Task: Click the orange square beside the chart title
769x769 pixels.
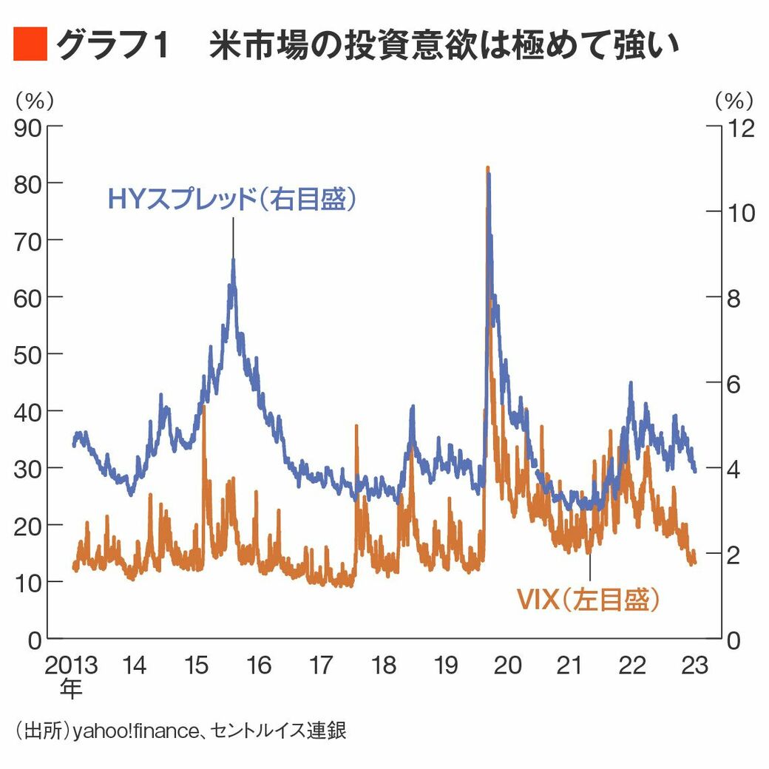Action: pos(30,45)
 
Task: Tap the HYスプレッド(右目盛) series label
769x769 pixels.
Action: pos(232,200)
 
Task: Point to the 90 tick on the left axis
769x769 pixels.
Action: pos(30,126)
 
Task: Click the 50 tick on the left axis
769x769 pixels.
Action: pos(30,353)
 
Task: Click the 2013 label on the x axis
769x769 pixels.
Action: pos(71,665)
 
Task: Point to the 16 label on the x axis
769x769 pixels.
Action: pos(259,665)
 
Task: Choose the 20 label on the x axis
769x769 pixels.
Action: pos(508,665)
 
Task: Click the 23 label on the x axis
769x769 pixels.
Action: pos(695,665)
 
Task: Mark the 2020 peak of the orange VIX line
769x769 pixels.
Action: pos(487,169)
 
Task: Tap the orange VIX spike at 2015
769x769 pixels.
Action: pos(204,407)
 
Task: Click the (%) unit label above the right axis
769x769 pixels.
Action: pos(734,98)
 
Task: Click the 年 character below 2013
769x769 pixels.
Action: pos(71,689)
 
